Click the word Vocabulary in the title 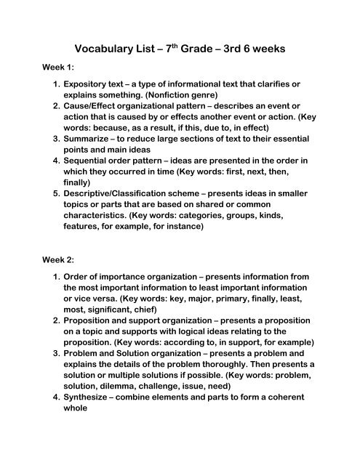point(95,51)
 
